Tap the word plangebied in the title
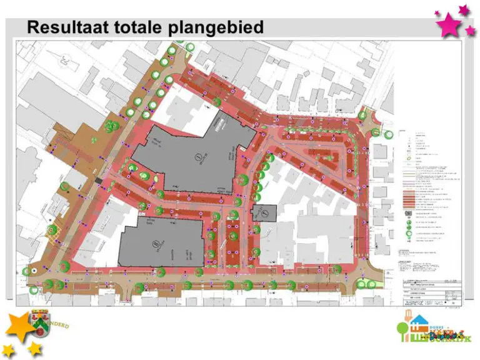222,28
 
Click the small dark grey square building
264,213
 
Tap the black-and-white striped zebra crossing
99,181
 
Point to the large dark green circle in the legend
407,222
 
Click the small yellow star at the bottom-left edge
8,349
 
